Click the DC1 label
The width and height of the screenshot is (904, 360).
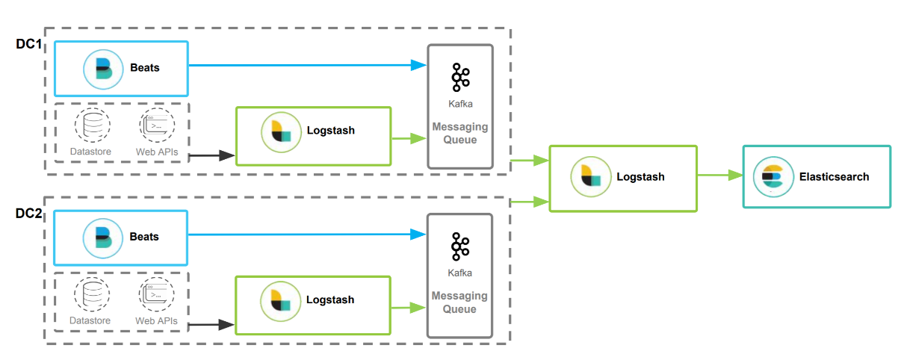(28, 45)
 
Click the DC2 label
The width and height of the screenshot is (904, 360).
(28, 214)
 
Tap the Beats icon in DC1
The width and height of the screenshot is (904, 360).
(102, 68)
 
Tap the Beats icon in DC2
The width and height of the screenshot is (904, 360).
(102, 237)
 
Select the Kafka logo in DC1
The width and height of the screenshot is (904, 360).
(460, 78)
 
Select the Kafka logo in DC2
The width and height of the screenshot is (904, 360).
(460, 247)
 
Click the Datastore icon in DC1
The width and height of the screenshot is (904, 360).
(92, 125)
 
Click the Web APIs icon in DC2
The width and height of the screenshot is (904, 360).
(156, 294)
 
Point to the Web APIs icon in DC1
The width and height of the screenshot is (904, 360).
(156, 125)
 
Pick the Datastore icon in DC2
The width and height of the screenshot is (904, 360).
(92, 294)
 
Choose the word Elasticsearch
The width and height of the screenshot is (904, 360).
(834, 177)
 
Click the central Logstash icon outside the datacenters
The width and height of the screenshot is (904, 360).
(589, 177)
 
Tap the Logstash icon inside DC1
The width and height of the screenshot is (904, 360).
(280, 131)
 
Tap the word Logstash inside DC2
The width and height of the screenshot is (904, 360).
(330, 300)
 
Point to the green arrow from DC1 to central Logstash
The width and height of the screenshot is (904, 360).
(529, 160)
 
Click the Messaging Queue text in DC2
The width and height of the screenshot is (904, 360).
(459, 302)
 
